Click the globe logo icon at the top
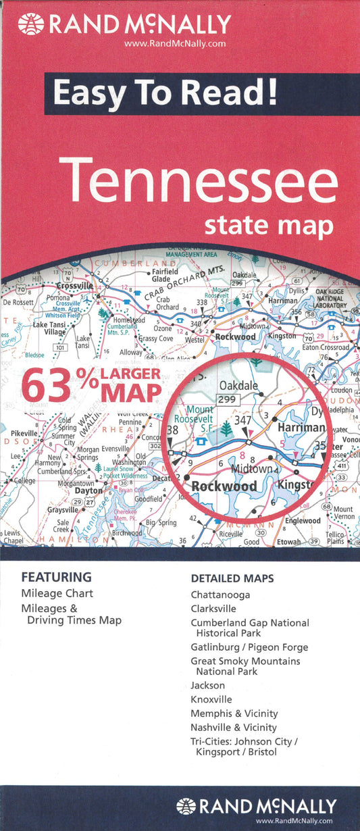point(31,25)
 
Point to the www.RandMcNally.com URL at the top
point(174,44)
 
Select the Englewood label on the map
point(302,521)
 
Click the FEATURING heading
point(56,578)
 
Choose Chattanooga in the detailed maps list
point(220,595)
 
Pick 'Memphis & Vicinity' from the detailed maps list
point(234,713)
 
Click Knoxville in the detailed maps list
point(211,699)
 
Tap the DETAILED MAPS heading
point(232,579)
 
